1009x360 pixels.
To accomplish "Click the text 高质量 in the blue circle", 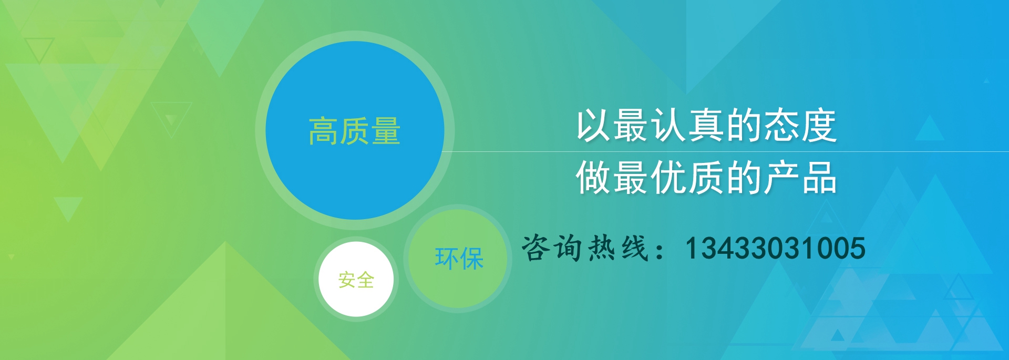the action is [355, 131].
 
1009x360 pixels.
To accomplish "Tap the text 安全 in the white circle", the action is [356, 280].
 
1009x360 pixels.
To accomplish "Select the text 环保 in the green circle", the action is [459, 259].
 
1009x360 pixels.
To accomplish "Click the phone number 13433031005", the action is [775, 248].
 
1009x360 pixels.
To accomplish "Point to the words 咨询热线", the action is [585, 248].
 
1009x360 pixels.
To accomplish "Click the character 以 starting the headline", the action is [593, 126].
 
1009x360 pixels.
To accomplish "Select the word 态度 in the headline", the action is [799, 126].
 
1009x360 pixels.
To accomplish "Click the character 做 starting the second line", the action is [593, 178].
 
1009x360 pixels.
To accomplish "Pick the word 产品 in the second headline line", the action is [799, 178].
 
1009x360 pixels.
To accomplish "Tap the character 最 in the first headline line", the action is [631, 126].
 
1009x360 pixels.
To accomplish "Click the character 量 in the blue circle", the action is [386, 131].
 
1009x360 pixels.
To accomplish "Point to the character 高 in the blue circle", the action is [323, 131].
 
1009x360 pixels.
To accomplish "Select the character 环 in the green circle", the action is [446, 259].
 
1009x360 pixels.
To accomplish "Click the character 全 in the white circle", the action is [366, 280].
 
